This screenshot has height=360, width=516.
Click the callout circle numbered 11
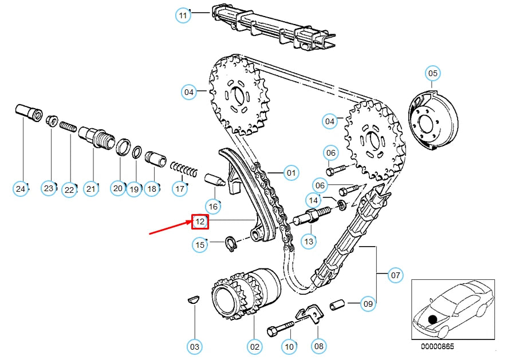[183, 15]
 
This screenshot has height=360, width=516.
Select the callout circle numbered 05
[432, 73]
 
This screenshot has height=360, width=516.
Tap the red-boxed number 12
[200, 221]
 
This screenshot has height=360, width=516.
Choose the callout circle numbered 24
[21, 188]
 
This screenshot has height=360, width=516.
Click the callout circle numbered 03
[195, 346]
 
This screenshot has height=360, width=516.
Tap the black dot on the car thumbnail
[432, 319]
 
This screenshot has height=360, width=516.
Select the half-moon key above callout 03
[194, 299]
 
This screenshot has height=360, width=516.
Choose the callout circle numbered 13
[309, 242]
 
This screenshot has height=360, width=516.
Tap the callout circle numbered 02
[254, 346]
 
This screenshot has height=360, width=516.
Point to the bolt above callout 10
[280, 329]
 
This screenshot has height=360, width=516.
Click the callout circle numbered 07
[395, 275]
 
